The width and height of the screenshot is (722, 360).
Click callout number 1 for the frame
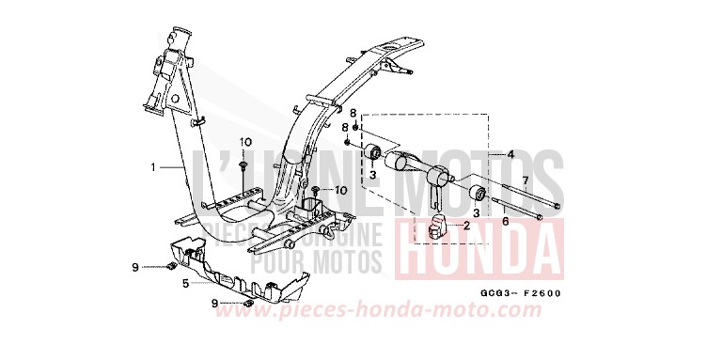point(152,167)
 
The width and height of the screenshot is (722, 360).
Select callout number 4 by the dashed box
point(511,153)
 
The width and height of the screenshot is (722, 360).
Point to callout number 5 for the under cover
point(185,281)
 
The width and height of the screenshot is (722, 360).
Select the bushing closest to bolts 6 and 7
point(478,195)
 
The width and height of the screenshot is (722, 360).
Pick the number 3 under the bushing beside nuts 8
point(373,174)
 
